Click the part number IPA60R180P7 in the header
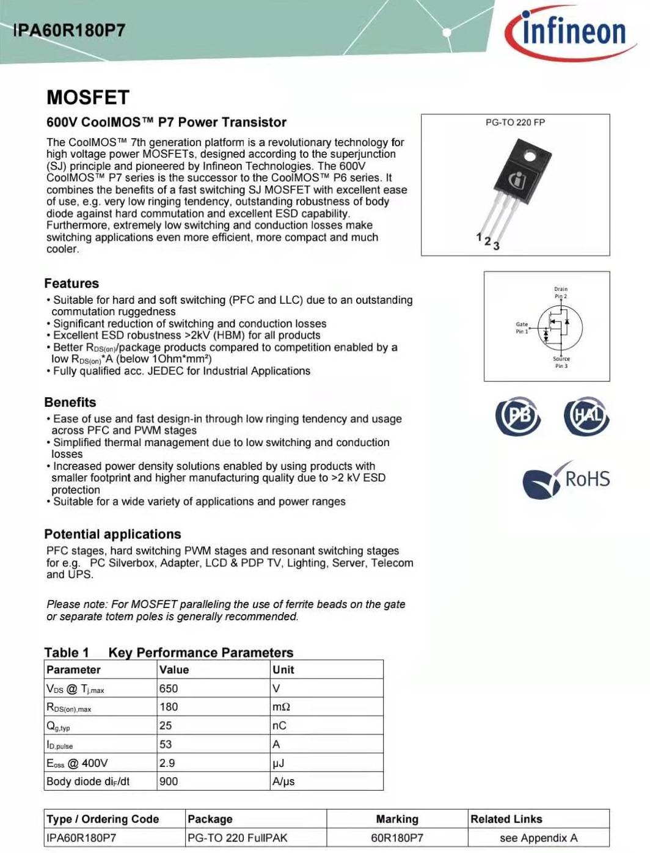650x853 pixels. (69, 31)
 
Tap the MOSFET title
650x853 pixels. (88, 98)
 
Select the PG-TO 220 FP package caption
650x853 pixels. (515, 122)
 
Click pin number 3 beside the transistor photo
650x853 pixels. (496, 246)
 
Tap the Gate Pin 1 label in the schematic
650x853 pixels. (522, 328)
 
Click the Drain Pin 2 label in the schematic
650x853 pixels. (561, 293)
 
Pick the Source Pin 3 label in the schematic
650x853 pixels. (561, 362)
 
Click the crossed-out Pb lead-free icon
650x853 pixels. (517, 416)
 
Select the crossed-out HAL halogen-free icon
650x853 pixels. (586, 416)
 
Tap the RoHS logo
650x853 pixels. (567, 479)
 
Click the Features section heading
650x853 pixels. (71, 284)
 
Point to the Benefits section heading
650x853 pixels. (70, 403)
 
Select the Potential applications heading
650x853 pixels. (112, 534)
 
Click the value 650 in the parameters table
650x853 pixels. (169, 689)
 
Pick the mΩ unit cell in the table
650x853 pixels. (281, 707)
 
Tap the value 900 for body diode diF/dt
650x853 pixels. (169, 782)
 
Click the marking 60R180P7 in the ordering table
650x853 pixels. (397, 838)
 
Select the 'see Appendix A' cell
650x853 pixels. (538, 838)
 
